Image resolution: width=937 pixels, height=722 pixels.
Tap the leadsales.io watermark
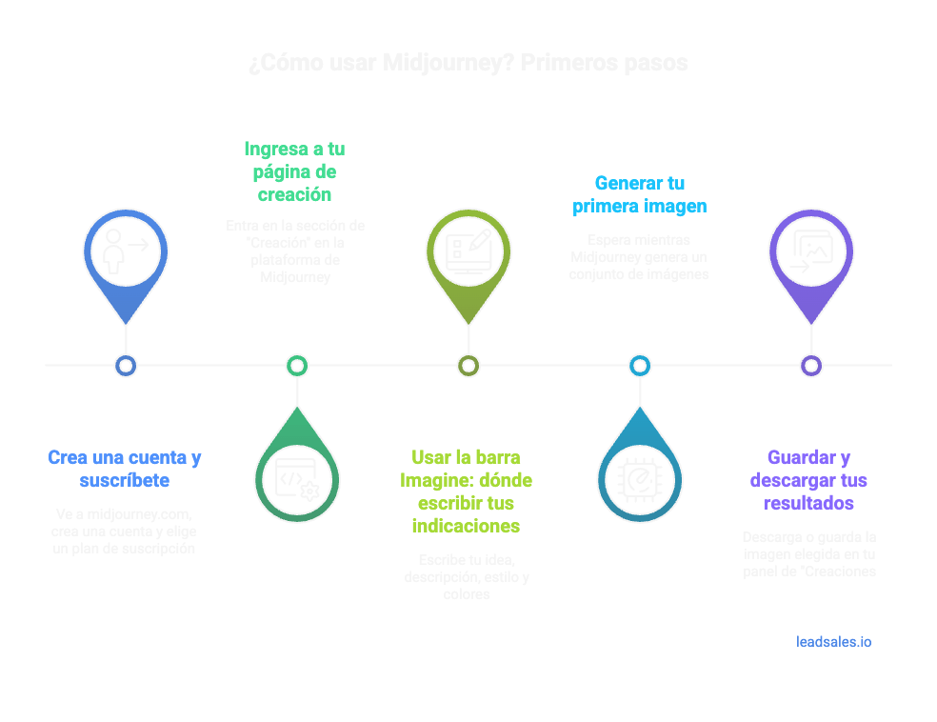coord(833,642)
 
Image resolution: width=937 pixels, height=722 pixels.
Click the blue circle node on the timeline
coord(126,365)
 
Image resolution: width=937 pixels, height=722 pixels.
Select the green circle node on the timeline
coord(297,365)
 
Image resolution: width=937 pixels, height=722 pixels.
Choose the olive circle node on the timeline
coord(468,365)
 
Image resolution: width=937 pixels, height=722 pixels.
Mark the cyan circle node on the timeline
coord(639,365)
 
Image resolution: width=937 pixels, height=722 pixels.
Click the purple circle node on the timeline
coord(810,365)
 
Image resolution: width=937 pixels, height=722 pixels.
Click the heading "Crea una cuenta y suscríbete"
coord(125,469)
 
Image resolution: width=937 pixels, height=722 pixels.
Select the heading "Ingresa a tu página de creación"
coord(295,171)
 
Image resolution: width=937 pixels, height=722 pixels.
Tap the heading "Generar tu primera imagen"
coord(639,194)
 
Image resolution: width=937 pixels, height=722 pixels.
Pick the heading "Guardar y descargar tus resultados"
coord(808,480)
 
